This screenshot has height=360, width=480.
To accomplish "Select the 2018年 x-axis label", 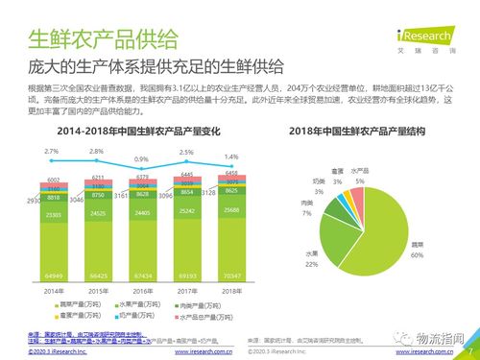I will coord(229,289).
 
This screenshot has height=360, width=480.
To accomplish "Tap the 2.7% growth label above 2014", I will coord(51,152).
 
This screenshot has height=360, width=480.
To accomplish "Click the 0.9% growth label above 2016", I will coord(141,159).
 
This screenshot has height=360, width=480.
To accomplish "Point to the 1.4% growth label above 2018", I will coord(230,156).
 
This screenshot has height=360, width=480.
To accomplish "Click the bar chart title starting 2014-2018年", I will coord(126,129).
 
